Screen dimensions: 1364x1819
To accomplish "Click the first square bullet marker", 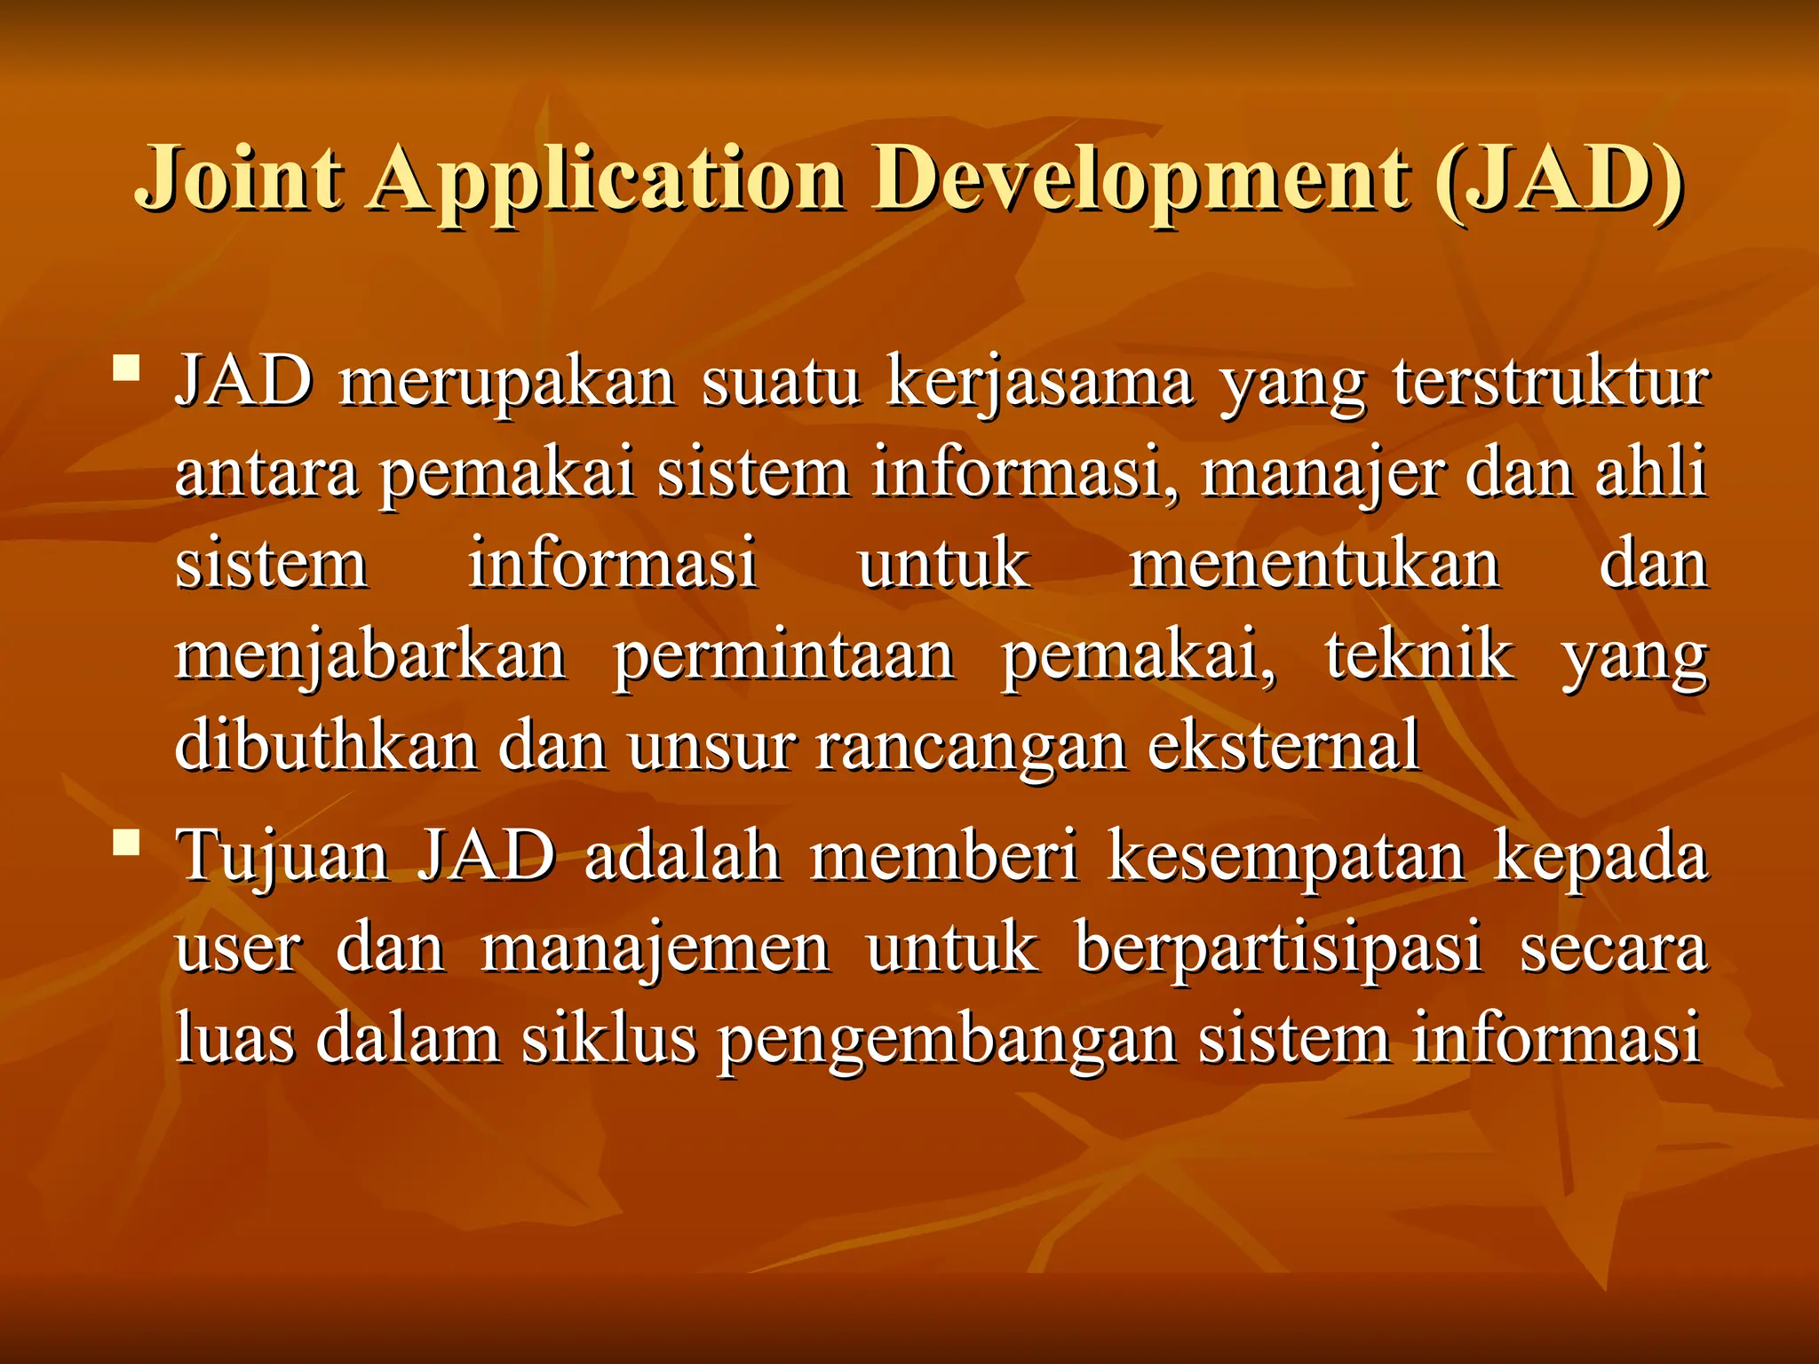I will pyautogui.click(x=127, y=367).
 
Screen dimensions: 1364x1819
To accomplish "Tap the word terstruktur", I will pyautogui.click(x=1549, y=382).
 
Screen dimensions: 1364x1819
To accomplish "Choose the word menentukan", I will pyautogui.click(x=1315, y=564).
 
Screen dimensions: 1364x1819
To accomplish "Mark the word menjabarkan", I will pyautogui.click(x=370, y=657).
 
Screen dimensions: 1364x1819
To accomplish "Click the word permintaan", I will pyautogui.click(x=784, y=657).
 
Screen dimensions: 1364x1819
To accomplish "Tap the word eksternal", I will pyautogui.click(x=1283, y=745).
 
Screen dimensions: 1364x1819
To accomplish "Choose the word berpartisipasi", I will pyautogui.click(x=1278, y=949).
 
